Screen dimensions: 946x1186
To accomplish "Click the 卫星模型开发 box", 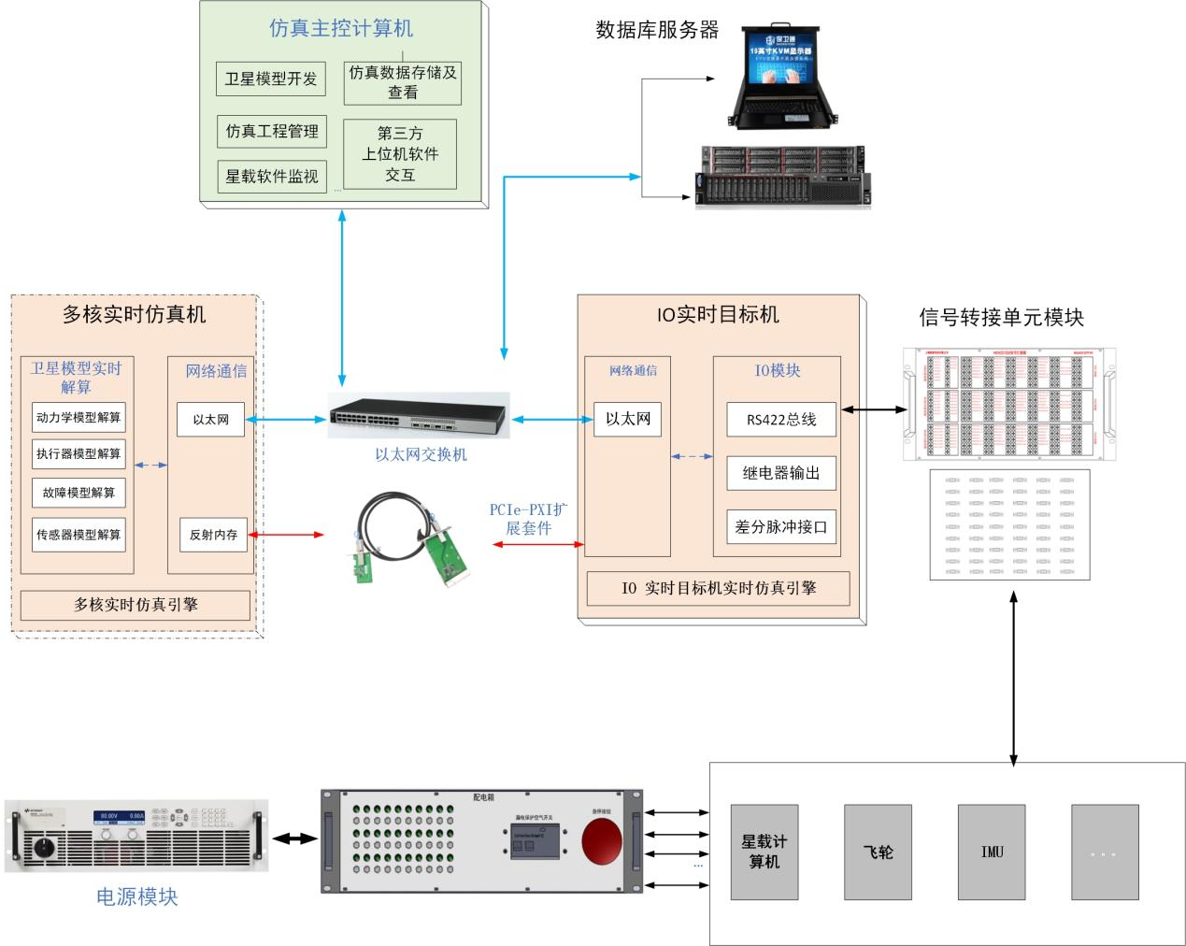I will (x=271, y=79).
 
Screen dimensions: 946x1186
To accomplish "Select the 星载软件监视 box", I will (x=271, y=176).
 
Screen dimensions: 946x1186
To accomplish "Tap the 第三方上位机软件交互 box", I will (x=399, y=154).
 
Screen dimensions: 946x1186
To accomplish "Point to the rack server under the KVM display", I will (x=782, y=177).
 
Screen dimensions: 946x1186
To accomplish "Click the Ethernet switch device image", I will (x=419, y=416).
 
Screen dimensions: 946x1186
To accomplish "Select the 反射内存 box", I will (x=213, y=535).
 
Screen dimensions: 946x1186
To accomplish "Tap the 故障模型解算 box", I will (x=79, y=493).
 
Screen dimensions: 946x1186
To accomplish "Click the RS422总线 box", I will (x=780, y=420).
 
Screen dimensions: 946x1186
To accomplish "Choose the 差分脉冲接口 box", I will (x=780, y=526).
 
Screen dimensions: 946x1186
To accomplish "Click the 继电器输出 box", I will (x=780, y=473).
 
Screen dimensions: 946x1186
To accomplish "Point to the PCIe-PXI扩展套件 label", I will (x=528, y=519).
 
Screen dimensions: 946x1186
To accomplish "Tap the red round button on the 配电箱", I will (x=601, y=841).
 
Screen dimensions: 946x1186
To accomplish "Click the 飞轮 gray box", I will (x=878, y=853).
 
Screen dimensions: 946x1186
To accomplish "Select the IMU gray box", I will (x=992, y=853).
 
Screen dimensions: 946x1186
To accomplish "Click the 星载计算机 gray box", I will (x=764, y=853).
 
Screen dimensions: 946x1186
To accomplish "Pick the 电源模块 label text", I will (x=136, y=896).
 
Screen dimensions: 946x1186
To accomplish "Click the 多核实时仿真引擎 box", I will (x=136, y=605).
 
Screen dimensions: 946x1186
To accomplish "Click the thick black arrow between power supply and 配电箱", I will (x=295, y=838).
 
